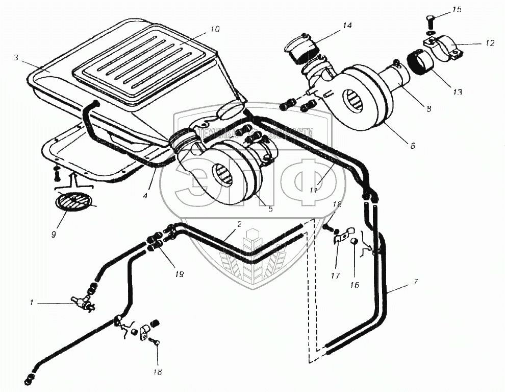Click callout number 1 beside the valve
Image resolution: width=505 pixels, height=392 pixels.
[x=31, y=303]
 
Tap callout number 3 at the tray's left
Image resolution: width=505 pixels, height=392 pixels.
[x=16, y=58]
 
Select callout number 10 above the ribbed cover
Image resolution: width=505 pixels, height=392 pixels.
[x=215, y=30]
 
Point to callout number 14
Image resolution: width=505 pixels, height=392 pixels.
[x=347, y=25]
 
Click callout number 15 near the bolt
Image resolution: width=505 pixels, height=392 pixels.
[x=456, y=10]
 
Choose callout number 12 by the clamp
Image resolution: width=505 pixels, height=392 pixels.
[x=489, y=43]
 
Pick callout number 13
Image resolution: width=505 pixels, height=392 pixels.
[x=457, y=92]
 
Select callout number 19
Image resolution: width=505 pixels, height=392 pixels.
[x=179, y=274]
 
